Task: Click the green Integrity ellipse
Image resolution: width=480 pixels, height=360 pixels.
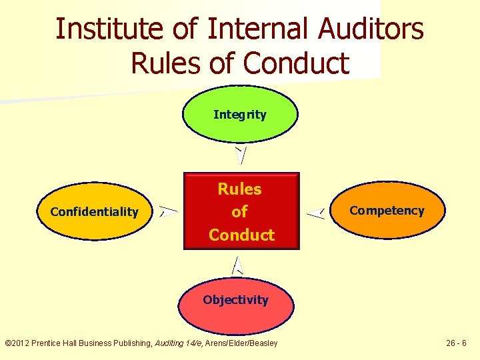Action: coord(240,115)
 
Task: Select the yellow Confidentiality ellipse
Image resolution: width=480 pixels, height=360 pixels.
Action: coord(95,212)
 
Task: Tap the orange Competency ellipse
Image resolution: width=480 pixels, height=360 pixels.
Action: coord(387,211)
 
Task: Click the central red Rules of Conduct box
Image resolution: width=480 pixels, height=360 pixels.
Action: coord(241,211)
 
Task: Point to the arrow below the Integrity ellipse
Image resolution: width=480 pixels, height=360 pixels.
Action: coord(241,155)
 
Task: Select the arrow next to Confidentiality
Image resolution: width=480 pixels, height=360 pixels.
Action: coord(169,212)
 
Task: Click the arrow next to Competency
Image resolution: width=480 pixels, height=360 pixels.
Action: coord(315,213)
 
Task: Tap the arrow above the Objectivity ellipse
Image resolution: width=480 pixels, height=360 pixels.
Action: coord(237,266)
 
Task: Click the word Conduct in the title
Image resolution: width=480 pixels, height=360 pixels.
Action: coord(297,63)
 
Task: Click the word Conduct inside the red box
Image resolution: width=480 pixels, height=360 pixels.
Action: coord(241,235)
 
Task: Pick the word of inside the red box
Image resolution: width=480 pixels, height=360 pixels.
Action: coord(239,212)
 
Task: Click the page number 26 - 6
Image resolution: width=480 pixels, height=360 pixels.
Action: coord(457,343)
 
